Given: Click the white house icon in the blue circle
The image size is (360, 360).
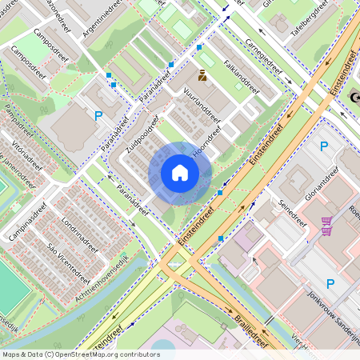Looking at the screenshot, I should tap(180, 172).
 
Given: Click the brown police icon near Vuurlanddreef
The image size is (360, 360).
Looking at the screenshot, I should tap(202, 76).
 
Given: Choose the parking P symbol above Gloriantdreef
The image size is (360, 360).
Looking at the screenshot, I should tap(324, 146).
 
